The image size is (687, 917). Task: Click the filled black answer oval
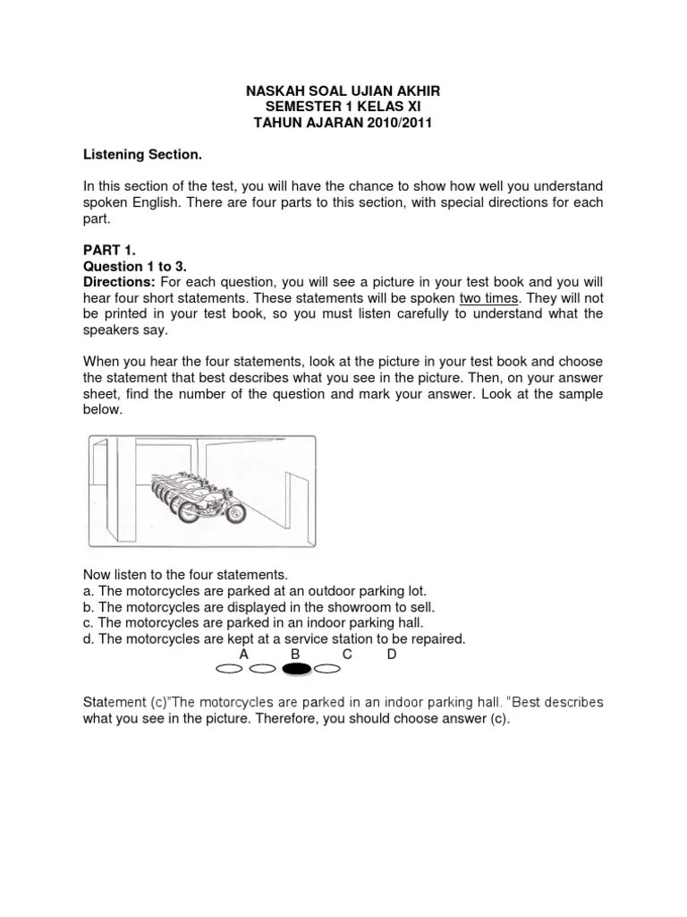pos(296,669)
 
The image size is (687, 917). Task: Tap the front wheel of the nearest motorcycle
pos(235,511)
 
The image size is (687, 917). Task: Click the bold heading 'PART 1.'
pos(109,251)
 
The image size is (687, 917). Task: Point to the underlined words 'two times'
pos(488,297)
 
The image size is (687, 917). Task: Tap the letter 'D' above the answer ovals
pos(392,655)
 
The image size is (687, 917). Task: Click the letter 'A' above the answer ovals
pos(243,655)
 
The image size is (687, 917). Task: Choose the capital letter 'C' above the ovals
pos(347,655)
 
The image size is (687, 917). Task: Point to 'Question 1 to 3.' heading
pos(135,267)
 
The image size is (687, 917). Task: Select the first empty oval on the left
pos(230,669)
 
